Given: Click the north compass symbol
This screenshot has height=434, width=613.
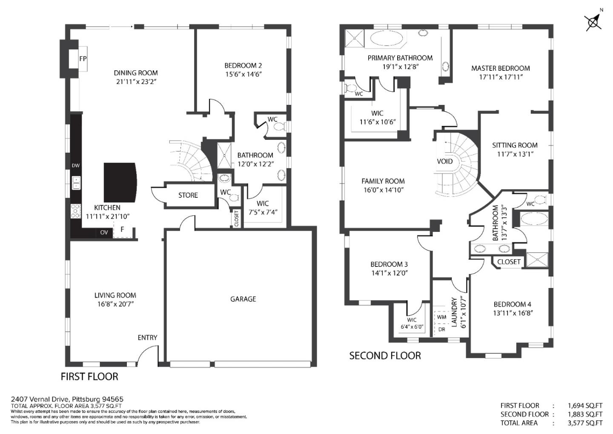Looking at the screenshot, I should [593, 21].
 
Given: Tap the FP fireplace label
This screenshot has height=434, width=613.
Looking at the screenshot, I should [83, 59].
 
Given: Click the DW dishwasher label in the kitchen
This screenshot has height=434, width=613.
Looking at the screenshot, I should [76, 166].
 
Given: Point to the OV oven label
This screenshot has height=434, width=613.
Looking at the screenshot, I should [104, 232].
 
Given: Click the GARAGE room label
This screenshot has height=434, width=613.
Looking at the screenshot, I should [243, 299].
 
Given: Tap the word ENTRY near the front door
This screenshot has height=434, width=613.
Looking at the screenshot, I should [147, 338].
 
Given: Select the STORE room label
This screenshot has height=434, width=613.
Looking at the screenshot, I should [188, 195].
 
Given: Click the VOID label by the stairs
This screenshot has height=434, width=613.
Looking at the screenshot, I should [445, 162].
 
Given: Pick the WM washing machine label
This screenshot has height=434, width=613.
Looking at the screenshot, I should [441, 317].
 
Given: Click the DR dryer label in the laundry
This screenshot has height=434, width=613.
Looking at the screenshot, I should [441, 329].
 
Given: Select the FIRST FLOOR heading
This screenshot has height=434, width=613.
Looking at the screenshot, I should [89, 376].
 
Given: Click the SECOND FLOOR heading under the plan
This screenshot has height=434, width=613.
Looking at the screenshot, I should [385, 356].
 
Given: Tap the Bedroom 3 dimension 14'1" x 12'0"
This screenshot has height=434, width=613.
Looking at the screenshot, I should [389, 273].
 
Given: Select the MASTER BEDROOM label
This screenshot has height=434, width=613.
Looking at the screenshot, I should [500, 68].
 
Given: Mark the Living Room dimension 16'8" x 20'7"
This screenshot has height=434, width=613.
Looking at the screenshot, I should [115, 304].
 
